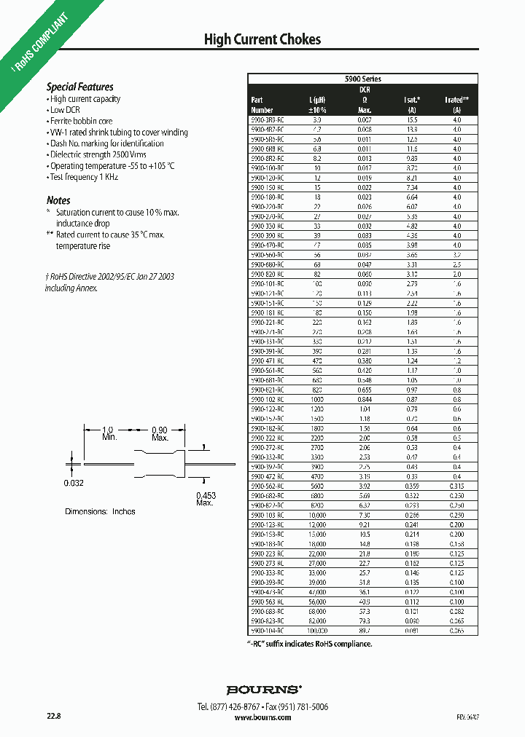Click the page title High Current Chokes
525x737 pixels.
pos(262,39)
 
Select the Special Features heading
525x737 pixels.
pos(80,87)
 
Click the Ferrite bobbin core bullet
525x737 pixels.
pos(81,121)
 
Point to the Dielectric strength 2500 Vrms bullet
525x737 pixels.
pos(98,154)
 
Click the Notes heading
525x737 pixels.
pos(58,200)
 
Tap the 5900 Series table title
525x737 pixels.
pos(362,79)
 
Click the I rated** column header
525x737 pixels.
pos(456,104)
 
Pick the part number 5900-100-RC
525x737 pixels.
pos(267,167)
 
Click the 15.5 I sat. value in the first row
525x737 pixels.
pos(412,119)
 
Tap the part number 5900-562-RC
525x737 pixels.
pos(267,485)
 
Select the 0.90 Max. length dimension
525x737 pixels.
pos(159,434)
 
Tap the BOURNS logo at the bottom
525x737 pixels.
pos(263,689)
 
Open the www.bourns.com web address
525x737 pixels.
pos(263,717)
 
